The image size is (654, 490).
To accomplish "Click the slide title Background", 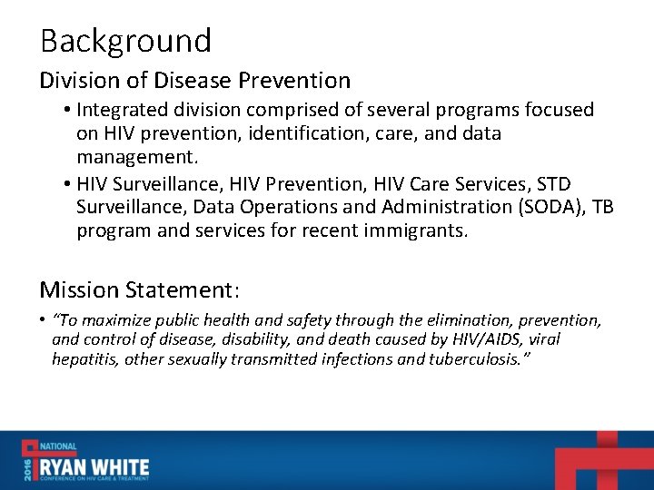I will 125,41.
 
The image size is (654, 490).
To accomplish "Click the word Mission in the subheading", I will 79,290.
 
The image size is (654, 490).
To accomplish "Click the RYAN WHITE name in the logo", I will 93,465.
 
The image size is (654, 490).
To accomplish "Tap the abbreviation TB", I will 602,206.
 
